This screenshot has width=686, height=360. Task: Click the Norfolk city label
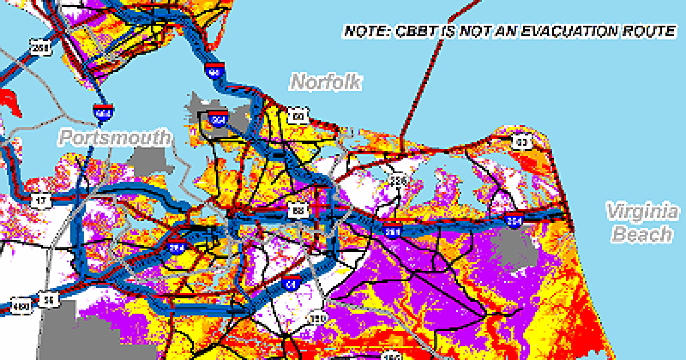click(x=326, y=82)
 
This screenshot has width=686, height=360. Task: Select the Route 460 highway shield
click(x=21, y=307)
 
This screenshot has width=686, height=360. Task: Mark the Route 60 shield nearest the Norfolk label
click(x=298, y=118)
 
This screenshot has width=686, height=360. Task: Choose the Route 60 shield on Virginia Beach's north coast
click(x=521, y=141)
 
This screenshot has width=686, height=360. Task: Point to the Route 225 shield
click(x=397, y=181)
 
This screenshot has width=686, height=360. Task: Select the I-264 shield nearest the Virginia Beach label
click(x=514, y=219)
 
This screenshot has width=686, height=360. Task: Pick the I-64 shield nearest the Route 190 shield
click(x=291, y=282)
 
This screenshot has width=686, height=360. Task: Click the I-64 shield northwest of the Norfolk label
click(x=215, y=71)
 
